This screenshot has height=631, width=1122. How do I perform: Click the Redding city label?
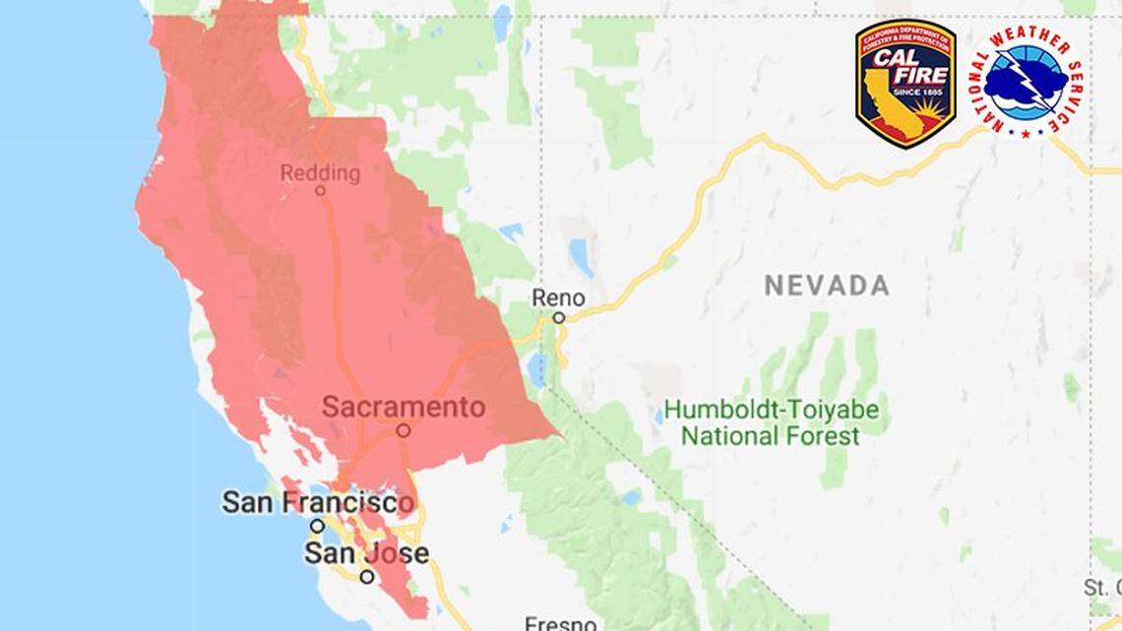click(x=320, y=173)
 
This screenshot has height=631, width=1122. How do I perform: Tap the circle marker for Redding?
click(x=320, y=191)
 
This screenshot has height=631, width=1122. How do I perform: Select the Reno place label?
click(x=558, y=297)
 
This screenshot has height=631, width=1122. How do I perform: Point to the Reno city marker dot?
click(x=558, y=317)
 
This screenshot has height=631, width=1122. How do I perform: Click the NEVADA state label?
click(x=827, y=285)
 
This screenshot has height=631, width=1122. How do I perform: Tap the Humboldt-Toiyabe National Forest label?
click(x=771, y=421)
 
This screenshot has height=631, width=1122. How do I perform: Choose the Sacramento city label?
click(x=404, y=407)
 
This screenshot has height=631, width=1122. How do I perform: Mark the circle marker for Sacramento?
click(x=403, y=430)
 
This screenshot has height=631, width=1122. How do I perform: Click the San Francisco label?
click(x=318, y=502)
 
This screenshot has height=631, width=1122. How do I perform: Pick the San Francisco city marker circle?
click(x=317, y=526)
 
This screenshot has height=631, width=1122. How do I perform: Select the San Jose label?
click(x=366, y=552)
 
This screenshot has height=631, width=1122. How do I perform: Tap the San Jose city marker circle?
click(x=366, y=577)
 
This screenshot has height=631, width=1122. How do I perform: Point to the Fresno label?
click(x=560, y=623)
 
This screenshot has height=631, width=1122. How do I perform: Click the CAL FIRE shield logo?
click(x=905, y=84)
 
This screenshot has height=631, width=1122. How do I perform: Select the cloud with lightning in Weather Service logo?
click(x=1026, y=84)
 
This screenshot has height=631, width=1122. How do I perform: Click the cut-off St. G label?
click(x=1102, y=588)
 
